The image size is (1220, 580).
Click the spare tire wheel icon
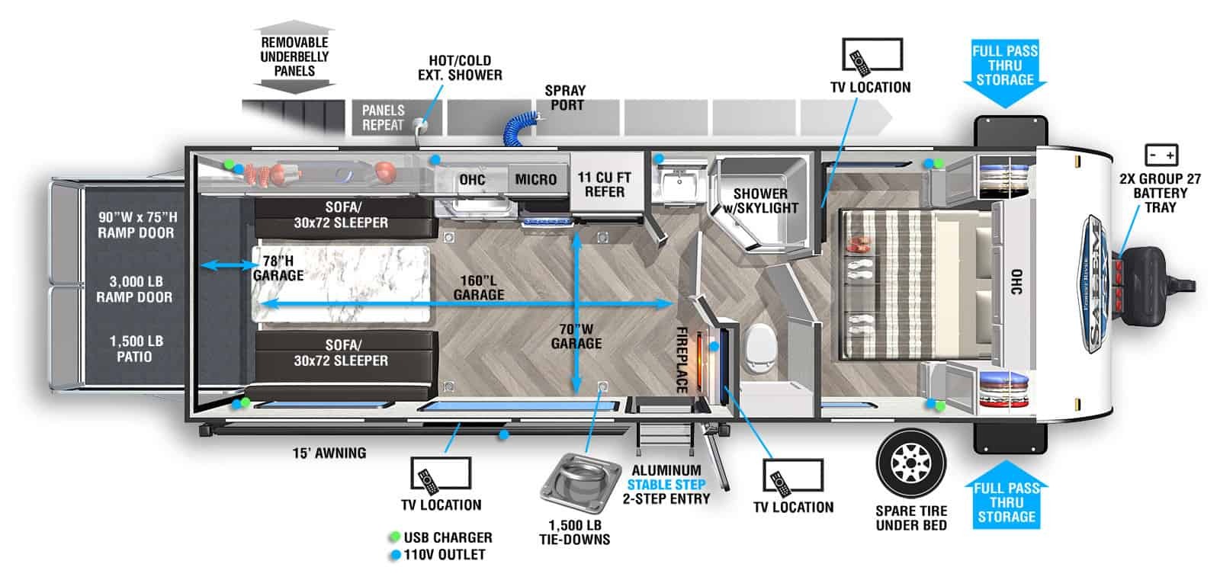pyautogui.click(x=910, y=463)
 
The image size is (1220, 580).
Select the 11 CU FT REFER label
pyautogui.click(x=604, y=184)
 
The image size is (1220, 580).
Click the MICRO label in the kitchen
pyautogui.click(x=535, y=179)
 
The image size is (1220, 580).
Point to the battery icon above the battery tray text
pyautogui.click(x=1161, y=155)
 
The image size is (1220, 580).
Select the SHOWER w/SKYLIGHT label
pyautogui.click(x=760, y=200)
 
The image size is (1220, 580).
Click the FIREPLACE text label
pyautogui.click(x=682, y=359)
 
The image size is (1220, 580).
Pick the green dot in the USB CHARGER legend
pyautogui.click(x=394, y=537)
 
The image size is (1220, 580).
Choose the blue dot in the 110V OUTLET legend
pyautogui.click(x=394, y=555)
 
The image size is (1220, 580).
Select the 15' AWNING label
pyautogui.click(x=329, y=453)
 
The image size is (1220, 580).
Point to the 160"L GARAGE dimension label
pyautogui.click(x=479, y=287)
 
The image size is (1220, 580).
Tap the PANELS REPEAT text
pyautogui.click(x=383, y=117)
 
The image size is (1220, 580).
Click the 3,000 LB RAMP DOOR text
pyautogui.click(x=134, y=290)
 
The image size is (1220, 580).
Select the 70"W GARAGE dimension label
pyautogui.click(x=576, y=336)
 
